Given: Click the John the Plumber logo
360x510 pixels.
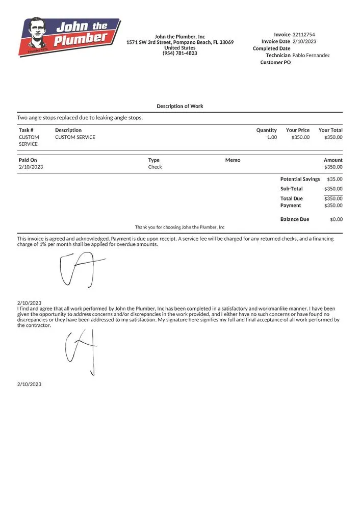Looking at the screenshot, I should [x=69, y=37].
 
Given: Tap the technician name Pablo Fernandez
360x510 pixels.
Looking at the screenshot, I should [x=311, y=55].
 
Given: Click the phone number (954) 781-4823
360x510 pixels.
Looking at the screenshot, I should [x=180, y=53].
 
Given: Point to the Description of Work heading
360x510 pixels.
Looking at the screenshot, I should [x=180, y=106].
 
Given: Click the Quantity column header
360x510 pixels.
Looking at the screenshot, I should [x=266, y=130].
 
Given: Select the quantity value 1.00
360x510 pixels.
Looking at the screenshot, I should [x=272, y=137].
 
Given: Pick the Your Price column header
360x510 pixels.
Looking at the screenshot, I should [x=297, y=130].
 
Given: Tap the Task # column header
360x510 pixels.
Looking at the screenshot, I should [x=26, y=130].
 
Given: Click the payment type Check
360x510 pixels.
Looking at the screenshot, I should [x=155, y=167].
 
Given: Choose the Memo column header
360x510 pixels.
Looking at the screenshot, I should [x=233, y=160].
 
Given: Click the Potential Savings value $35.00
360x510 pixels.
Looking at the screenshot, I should [x=335, y=179].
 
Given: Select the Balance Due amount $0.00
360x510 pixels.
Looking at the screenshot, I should [x=336, y=219].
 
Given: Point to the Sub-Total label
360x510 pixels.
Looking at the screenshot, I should [x=291, y=189].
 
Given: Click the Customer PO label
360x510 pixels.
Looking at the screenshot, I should [x=275, y=62].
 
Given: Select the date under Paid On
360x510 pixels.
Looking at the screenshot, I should [x=30, y=167].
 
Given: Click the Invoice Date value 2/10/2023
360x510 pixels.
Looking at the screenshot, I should [x=304, y=41].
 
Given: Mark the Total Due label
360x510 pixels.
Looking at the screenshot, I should [x=291, y=198].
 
